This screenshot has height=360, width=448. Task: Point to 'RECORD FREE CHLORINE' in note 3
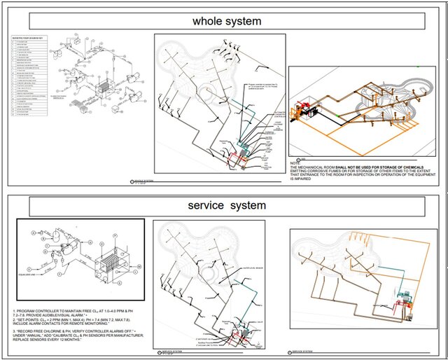click(x=42, y=332)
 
